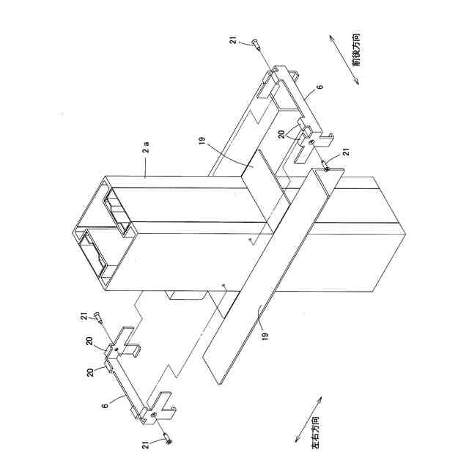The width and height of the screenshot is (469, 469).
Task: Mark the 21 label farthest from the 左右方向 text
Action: pos(234,43)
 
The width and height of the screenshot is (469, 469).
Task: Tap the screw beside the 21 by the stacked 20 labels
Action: pos(98,320)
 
